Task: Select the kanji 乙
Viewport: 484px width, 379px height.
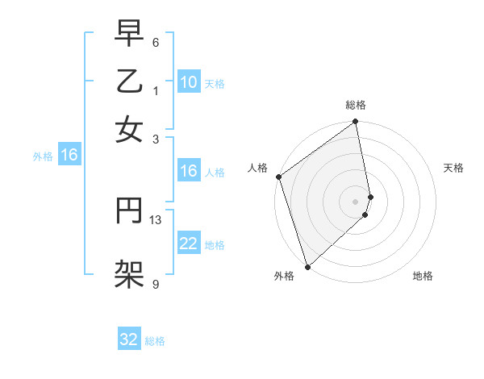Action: tap(130, 83)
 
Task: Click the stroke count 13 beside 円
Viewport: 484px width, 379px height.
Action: tap(156, 219)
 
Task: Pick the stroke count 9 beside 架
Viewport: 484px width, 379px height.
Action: tap(156, 283)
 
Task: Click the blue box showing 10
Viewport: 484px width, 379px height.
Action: tap(188, 82)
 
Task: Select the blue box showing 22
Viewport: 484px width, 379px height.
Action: tap(188, 244)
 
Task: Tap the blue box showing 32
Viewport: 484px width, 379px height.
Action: tap(129, 339)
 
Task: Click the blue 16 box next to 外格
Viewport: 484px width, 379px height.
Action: tap(69, 156)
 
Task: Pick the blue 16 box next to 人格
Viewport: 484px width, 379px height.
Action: tap(188, 171)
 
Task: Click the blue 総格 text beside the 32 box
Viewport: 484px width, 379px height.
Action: tap(155, 341)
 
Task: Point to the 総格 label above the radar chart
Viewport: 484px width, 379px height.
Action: tap(356, 105)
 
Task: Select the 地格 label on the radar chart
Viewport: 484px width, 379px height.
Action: tap(423, 276)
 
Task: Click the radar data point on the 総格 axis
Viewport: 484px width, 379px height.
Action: tap(356, 123)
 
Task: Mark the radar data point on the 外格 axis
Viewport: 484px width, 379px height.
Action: tap(307, 266)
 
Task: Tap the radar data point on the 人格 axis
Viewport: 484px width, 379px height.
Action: tap(278, 177)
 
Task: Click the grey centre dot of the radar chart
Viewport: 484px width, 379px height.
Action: tap(356, 201)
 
